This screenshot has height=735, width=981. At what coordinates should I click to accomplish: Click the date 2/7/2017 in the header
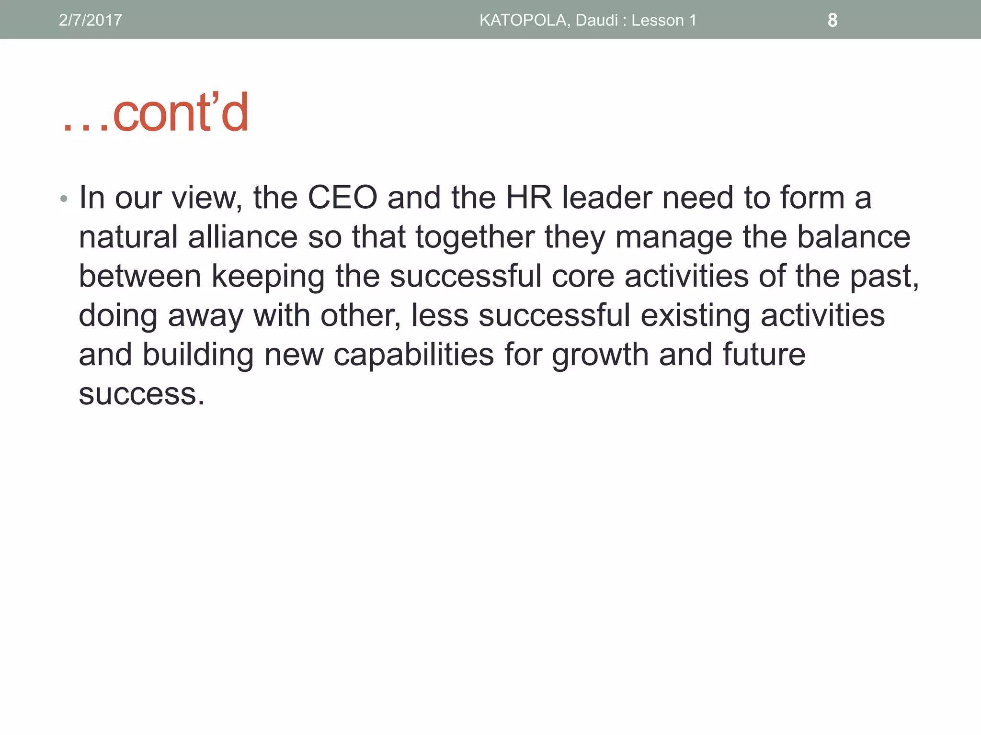pyautogui.click(x=90, y=20)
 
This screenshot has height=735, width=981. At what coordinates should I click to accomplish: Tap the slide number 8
pyautogui.click(x=833, y=20)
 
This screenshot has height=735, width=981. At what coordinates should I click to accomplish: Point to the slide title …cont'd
pyautogui.click(x=156, y=113)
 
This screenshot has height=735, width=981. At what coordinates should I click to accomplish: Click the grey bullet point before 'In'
pyautogui.click(x=64, y=198)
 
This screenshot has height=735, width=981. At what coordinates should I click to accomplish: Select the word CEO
pyautogui.click(x=342, y=197)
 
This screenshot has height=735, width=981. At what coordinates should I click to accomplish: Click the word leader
pyautogui.click(x=607, y=197)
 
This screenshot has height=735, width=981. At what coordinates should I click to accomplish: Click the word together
pyautogui.click(x=475, y=238)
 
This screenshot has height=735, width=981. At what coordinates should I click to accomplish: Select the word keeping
pyautogui.click(x=268, y=277)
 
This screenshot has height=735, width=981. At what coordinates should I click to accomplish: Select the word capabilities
pyautogui.click(x=413, y=355)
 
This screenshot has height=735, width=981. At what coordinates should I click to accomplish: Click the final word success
pyautogui.click(x=141, y=394)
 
